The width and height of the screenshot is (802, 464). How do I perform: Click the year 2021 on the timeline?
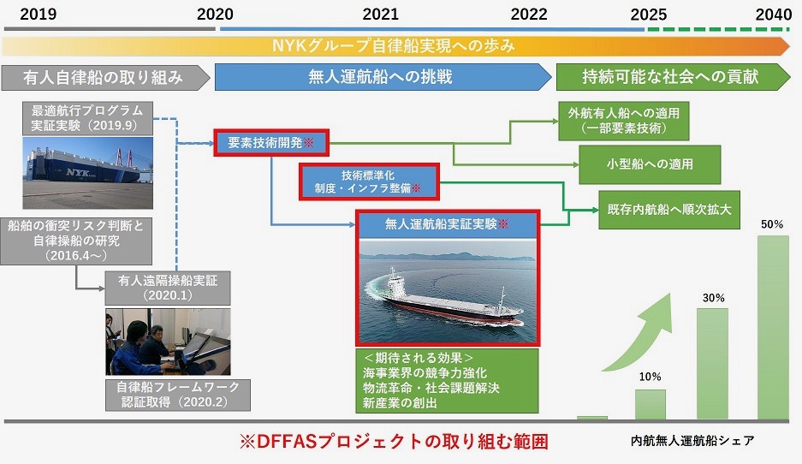[x=380, y=14]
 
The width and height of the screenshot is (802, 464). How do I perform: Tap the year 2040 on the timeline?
[x=774, y=14]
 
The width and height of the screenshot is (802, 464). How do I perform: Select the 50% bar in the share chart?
[x=773, y=327]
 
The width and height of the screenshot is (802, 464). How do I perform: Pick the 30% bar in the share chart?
[x=712, y=364]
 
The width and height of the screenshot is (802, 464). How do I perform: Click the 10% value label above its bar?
[x=651, y=377]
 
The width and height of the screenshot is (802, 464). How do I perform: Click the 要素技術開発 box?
[x=271, y=143]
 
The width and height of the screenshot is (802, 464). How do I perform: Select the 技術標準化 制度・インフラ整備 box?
[x=369, y=181]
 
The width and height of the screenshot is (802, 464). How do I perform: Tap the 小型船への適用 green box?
[x=650, y=164]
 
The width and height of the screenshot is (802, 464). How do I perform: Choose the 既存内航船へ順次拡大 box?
[x=669, y=209]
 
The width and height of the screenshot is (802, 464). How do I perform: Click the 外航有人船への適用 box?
[x=623, y=121]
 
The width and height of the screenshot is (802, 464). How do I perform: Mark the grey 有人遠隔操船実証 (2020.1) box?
[x=168, y=288]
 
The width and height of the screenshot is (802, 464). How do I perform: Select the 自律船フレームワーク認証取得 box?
[x=178, y=395]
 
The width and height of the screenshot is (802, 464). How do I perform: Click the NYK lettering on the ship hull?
[x=78, y=173]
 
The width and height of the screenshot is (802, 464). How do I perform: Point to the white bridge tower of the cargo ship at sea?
[x=394, y=280]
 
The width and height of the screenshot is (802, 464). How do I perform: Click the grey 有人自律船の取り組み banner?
[x=105, y=77]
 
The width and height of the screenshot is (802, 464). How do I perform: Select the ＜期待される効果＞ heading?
[x=419, y=358]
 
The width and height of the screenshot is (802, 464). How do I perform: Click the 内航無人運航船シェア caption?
[x=692, y=441]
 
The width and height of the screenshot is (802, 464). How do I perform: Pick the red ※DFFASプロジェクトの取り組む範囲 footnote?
[x=394, y=442]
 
